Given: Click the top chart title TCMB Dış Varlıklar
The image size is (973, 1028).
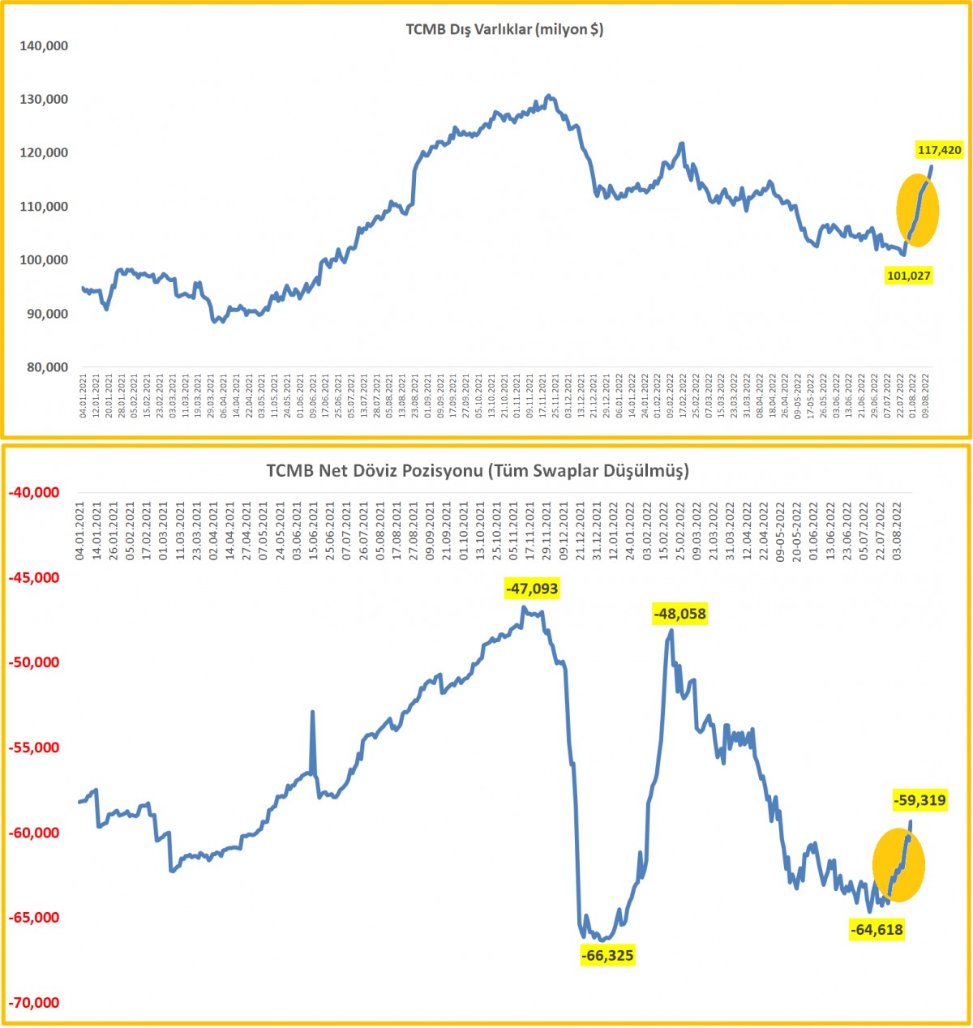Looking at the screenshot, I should [x=504, y=30].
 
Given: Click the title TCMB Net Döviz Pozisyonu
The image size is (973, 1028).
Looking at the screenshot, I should [x=478, y=470].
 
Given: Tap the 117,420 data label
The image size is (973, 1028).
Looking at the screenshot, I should [x=939, y=150].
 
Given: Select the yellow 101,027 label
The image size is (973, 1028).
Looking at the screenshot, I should [x=908, y=276].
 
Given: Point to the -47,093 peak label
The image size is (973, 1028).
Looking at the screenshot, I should [x=531, y=589].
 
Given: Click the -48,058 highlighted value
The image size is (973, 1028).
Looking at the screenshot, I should [x=679, y=615].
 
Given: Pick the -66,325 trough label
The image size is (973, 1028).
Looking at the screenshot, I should [x=607, y=956].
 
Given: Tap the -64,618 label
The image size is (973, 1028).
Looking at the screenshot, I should [x=877, y=929].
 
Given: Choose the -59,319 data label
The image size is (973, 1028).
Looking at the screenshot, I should [x=919, y=801].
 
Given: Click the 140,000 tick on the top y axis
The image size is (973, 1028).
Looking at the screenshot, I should [x=44, y=46].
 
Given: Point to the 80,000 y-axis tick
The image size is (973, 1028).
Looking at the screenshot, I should [x=46, y=367].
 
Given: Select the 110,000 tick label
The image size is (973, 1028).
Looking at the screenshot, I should [x=44, y=207].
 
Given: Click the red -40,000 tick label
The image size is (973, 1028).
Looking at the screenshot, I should [x=33, y=493].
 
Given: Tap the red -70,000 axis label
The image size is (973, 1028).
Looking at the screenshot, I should [x=33, y=1003].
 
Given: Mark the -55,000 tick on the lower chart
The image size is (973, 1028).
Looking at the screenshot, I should [x=33, y=747].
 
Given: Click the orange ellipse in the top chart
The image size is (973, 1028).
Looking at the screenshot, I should [x=917, y=210].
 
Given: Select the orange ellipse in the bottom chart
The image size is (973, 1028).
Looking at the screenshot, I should [x=898, y=865].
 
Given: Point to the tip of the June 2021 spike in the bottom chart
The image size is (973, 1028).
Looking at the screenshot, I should [x=312, y=712].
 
